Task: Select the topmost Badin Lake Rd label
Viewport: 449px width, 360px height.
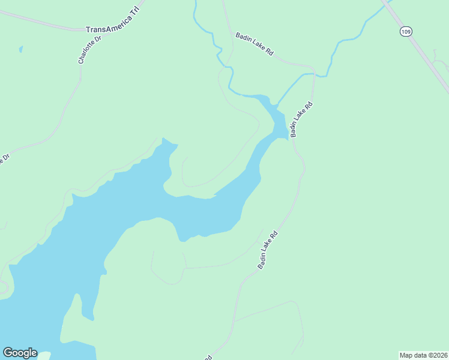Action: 255,44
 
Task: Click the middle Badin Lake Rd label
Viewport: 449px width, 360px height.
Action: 302,119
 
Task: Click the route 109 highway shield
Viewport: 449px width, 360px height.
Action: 406,31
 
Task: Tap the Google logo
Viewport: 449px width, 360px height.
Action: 20,353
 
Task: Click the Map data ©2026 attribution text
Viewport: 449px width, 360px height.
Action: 424,355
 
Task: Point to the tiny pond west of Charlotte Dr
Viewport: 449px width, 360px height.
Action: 20,49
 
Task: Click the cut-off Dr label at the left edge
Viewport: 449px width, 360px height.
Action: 5,161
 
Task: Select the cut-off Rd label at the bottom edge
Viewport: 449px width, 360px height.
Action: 207,357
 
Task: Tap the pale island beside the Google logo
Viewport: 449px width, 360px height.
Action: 44,356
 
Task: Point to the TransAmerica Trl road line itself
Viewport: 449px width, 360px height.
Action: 42,22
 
